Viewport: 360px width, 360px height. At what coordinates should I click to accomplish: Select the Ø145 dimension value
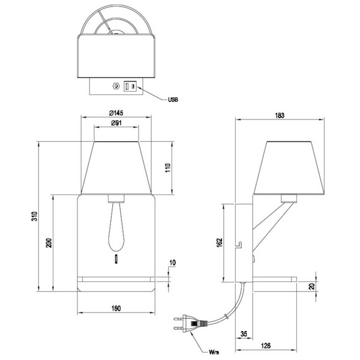(x=116, y=113)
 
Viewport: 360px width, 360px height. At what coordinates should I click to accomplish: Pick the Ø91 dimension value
(x=116, y=124)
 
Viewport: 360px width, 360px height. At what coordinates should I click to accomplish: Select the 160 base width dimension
(x=116, y=308)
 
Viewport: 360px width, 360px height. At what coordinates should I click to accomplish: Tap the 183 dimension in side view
(x=280, y=115)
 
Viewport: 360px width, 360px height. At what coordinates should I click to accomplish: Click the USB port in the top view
(x=130, y=87)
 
